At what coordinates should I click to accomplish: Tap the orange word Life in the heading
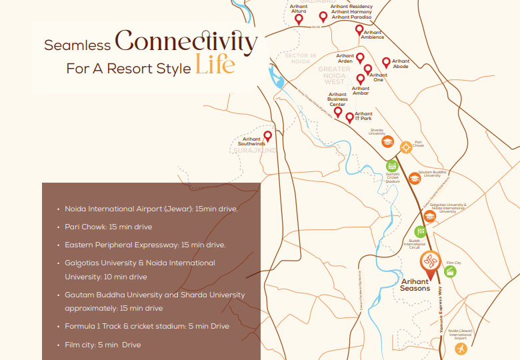coord(215,66)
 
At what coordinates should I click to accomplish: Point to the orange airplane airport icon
coord(460,349)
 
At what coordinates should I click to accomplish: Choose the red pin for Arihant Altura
coord(299,20)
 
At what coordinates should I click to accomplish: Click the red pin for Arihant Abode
coord(386,63)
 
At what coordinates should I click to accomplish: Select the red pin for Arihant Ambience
coord(359,31)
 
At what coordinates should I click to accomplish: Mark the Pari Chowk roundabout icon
coord(405,146)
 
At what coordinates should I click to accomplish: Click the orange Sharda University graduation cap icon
coord(387,142)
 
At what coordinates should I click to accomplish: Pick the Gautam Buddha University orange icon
coord(415,179)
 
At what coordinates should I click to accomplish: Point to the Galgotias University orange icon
coord(430,216)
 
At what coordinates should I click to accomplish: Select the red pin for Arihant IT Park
coord(349,118)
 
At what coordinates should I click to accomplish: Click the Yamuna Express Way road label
coord(441,310)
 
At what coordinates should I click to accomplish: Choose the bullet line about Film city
coord(103,345)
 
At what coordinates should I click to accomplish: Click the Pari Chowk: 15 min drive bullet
coord(108,227)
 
